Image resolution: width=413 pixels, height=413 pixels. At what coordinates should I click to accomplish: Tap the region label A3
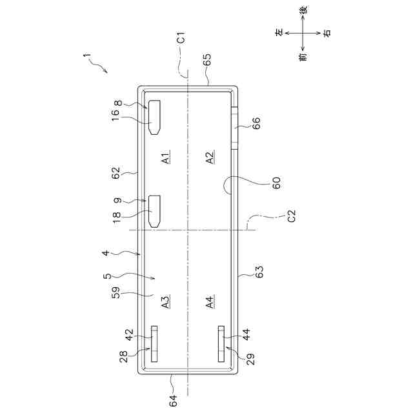165,301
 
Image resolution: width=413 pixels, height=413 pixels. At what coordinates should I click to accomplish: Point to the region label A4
210,301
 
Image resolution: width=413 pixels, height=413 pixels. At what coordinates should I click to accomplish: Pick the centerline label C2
291,216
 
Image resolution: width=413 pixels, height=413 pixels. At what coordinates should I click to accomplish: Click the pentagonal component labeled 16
156,117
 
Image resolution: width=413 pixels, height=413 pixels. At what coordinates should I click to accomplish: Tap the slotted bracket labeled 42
154,344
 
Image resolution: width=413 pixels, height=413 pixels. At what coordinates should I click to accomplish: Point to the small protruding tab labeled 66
235,128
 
